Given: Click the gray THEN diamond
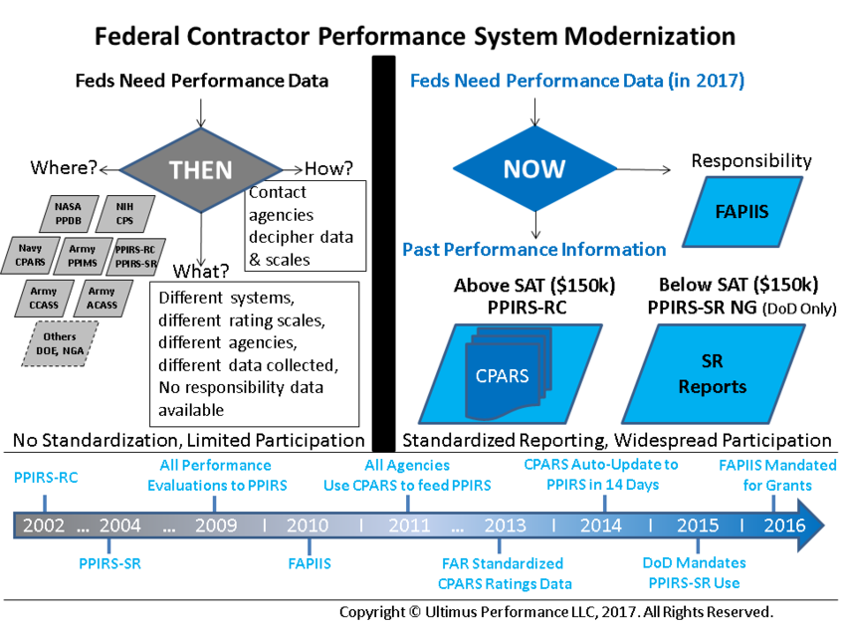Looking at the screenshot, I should (201, 169).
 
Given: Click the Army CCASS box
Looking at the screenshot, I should (44, 298).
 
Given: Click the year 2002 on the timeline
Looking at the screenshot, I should (42, 525).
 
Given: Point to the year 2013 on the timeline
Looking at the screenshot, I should (505, 525).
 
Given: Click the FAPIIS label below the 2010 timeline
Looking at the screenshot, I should (309, 564).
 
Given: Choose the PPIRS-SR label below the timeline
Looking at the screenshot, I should (109, 564).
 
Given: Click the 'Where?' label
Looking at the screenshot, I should (63, 167).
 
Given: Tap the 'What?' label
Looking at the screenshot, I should (202, 272).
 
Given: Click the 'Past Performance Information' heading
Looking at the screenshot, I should (534, 250).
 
